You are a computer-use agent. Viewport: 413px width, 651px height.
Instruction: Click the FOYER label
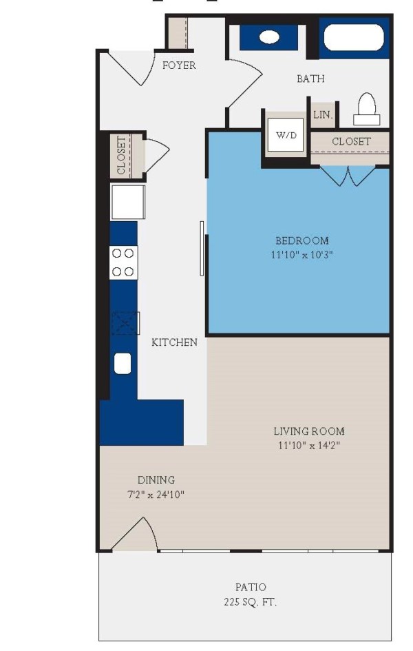pyautogui.click(x=179, y=65)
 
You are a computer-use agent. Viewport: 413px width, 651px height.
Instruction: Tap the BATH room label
pyautogui.click(x=310, y=79)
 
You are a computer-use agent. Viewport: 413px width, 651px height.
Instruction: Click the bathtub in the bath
pyautogui.click(x=354, y=38)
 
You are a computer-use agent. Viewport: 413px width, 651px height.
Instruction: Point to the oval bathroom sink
pyautogui.click(x=269, y=37)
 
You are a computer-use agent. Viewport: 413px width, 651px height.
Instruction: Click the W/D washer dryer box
pyautogui.click(x=286, y=135)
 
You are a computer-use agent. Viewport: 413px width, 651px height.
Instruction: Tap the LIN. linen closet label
pyautogui.click(x=322, y=116)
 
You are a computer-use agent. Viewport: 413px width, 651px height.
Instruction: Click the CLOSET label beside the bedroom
pyautogui.click(x=351, y=141)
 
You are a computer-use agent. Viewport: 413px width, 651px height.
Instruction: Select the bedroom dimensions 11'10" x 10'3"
pyautogui.click(x=302, y=254)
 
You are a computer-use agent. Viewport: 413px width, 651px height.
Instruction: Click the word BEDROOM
pyautogui.click(x=302, y=240)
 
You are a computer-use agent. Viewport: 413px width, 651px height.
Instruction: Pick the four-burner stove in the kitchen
pyautogui.click(x=123, y=262)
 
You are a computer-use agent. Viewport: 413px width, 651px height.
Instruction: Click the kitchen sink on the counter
pyautogui.click(x=123, y=363)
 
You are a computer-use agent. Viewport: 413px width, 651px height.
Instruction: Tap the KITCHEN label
pyautogui.click(x=174, y=342)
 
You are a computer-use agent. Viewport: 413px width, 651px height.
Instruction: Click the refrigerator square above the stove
pyautogui.click(x=128, y=202)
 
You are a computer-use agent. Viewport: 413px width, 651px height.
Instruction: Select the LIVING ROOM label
pyautogui.click(x=309, y=431)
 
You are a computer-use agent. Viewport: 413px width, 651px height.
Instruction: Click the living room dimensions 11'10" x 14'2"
pyautogui.click(x=309, y=445)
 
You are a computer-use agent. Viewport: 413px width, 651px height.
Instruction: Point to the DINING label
pyautogui.click(x=156, y=479)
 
